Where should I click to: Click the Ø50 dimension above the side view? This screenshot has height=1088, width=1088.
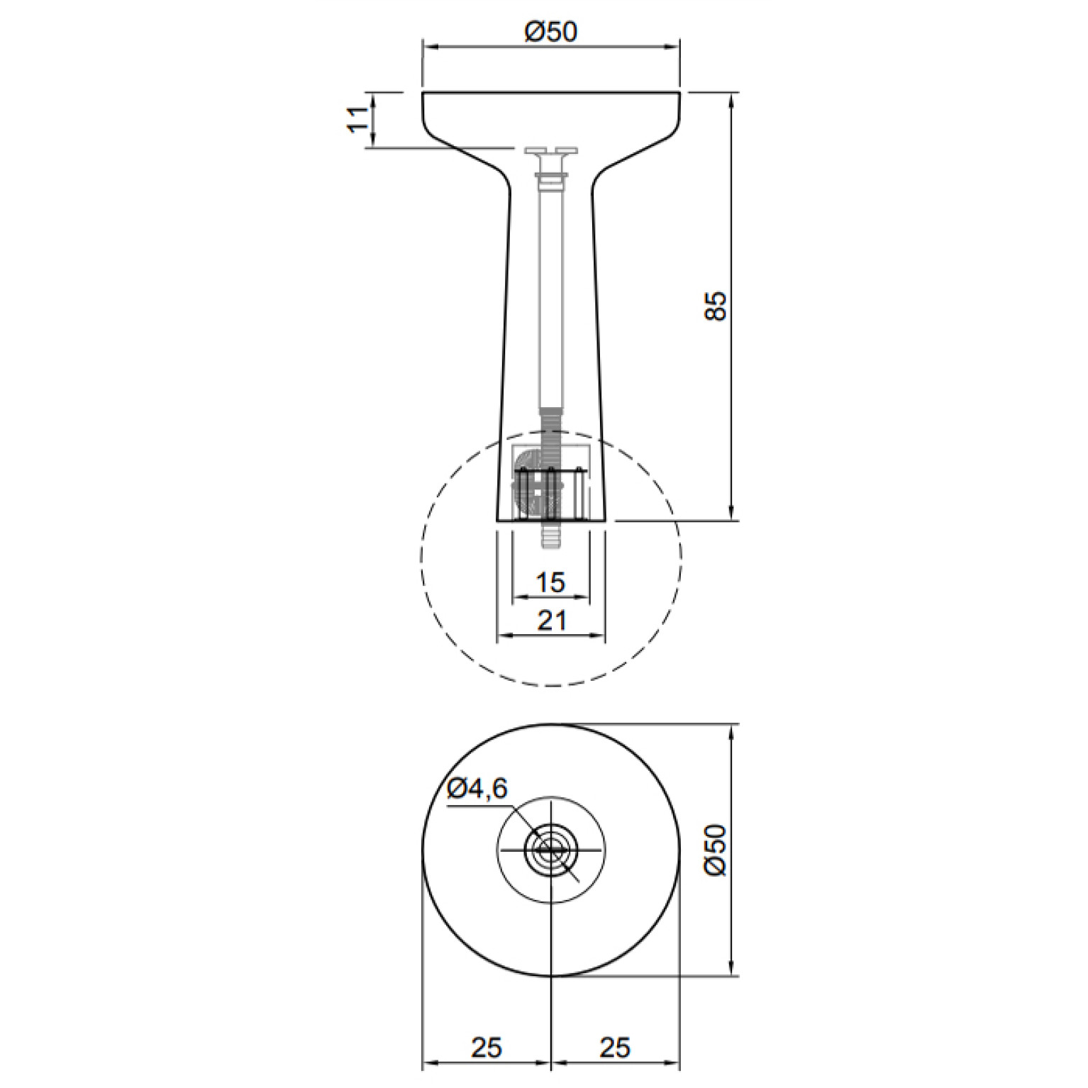point(551,31)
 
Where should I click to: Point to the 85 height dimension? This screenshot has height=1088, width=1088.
point(716,306)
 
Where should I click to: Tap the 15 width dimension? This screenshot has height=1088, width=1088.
point(550,582)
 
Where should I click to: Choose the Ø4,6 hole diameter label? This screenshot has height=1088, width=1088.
point(478,787)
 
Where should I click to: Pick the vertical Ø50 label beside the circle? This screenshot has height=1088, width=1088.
point(716,850)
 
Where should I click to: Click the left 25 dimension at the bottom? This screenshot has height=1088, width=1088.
point(486,1047)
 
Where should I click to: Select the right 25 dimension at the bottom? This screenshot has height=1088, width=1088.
point(614,1047)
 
